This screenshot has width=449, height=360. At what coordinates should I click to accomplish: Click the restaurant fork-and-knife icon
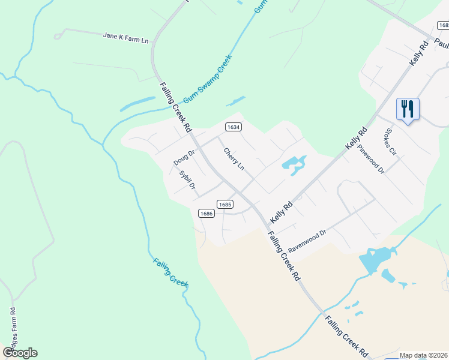coord(408,109)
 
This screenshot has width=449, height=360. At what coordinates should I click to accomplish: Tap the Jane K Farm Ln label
coord(126,36)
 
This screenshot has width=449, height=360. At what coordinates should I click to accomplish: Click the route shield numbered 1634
coord(234,127)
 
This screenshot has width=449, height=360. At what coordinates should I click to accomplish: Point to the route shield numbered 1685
coord(225,204)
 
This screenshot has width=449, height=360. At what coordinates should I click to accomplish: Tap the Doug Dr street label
coord(184,158)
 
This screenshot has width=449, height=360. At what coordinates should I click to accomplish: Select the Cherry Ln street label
coord(234,159)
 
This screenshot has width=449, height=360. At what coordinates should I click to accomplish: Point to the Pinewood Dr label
coord(370,159)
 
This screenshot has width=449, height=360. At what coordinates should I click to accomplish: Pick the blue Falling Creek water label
coord(171,272)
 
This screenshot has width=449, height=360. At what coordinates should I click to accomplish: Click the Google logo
coord(20,353)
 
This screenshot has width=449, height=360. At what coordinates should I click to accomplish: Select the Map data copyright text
coord(423,355)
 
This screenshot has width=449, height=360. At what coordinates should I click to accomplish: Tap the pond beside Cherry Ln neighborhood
coord(294,164)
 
